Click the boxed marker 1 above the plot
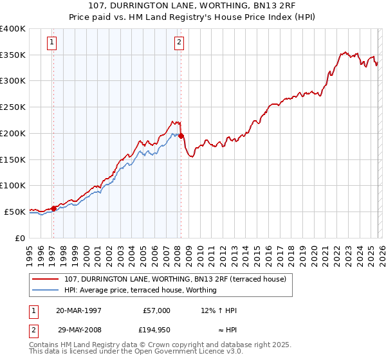click(x=51, y=43)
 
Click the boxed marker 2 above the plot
click(x=178, y=43)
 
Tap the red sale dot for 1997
click(x=53, y=208)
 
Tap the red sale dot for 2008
click(x=181, y=136)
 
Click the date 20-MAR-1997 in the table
click(x=78, y=310)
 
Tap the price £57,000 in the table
click(x=156, y=310)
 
